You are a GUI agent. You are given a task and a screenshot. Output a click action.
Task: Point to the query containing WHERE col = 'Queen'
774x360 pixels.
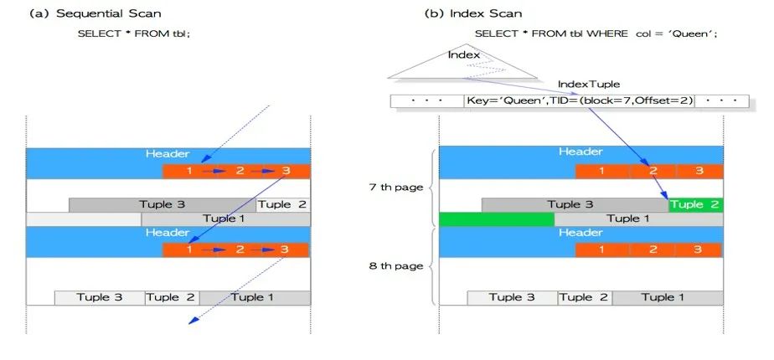tap(596, 33)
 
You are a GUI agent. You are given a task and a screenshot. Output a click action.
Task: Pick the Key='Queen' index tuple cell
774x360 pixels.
tap(579, 101)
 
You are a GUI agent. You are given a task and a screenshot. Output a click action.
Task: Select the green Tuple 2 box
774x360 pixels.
tap(694, 204)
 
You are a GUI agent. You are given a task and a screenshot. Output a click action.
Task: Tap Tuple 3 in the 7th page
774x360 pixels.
tap(574, 204)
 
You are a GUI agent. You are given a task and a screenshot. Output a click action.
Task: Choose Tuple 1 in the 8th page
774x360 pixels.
tap(668, 297)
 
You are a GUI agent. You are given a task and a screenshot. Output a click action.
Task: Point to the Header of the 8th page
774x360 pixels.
tap(580, 233)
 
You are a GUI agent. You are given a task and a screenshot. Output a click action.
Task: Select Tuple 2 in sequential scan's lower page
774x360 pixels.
tap(173, 297)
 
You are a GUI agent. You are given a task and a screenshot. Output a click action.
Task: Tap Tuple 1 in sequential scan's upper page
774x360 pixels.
tap(225, 219)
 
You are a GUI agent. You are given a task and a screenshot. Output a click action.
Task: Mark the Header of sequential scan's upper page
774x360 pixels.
tap(168, 154)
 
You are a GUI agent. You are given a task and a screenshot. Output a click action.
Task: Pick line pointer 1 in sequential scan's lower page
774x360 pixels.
tap(189, 249)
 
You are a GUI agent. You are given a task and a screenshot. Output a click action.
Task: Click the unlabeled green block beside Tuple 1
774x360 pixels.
tap(496, 219)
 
